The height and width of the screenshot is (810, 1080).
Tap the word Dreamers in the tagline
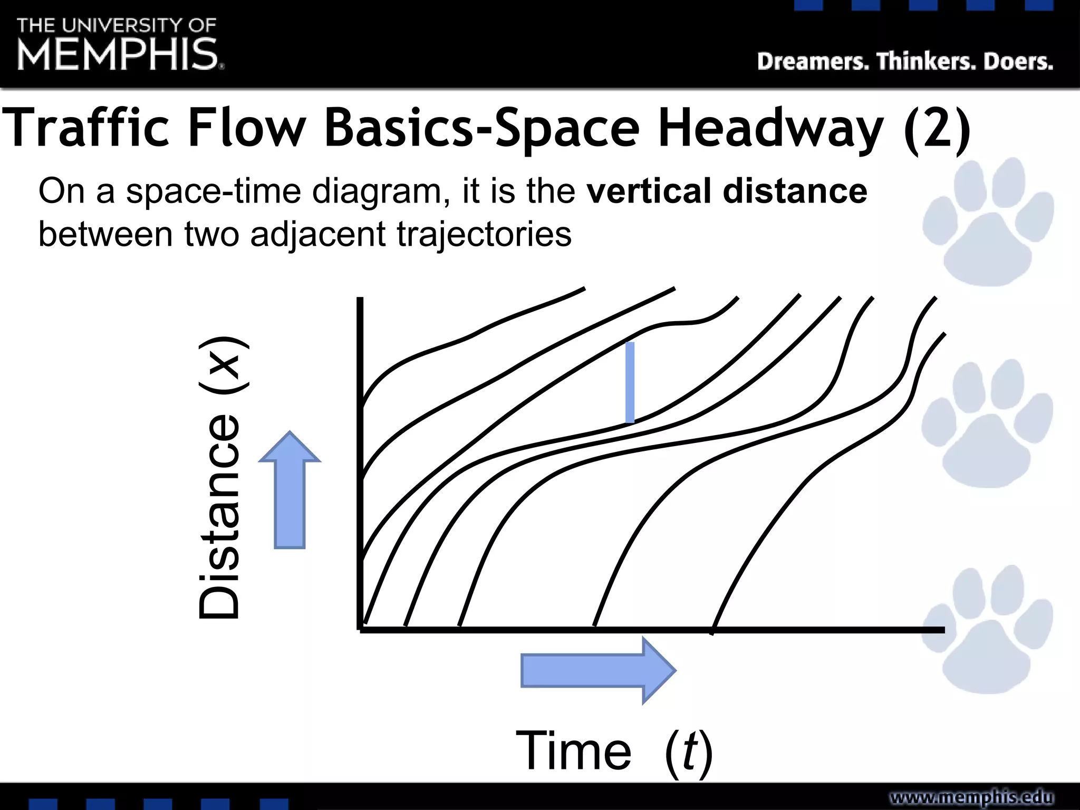click(812, 62)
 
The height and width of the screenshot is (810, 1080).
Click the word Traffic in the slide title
click(87, 128)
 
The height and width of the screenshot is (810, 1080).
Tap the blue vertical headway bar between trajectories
click(630, 382)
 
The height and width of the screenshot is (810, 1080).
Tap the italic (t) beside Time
click(689, 752)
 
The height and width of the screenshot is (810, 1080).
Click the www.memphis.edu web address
click(971, 797)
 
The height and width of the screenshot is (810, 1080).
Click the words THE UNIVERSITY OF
click(117, 25)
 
